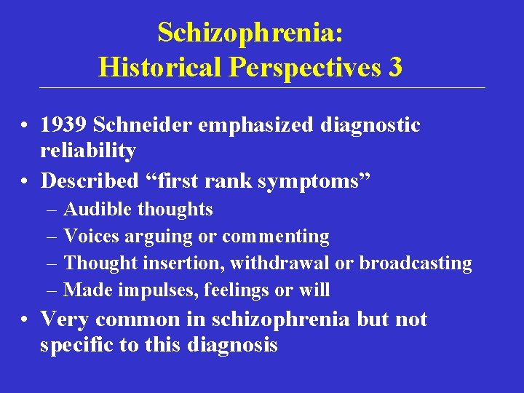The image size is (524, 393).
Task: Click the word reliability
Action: pos(88,151)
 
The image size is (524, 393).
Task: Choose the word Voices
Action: pos(92,237)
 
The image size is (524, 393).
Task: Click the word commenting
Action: pos(276,237)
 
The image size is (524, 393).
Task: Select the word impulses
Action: pos(154,290)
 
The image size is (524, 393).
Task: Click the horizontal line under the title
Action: pos(262,88)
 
